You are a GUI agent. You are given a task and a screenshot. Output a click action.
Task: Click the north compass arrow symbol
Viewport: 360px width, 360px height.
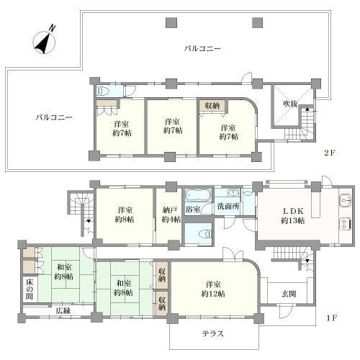44,41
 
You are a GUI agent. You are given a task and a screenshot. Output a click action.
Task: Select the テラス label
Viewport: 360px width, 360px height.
212,333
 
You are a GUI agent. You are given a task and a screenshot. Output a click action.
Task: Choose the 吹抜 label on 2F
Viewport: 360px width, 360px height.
289,104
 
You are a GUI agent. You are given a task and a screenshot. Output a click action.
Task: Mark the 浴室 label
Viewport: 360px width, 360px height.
194,210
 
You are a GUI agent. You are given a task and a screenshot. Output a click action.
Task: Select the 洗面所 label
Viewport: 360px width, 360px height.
230,210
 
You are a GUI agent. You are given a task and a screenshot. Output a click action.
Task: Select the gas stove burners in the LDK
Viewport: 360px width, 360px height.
344,219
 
